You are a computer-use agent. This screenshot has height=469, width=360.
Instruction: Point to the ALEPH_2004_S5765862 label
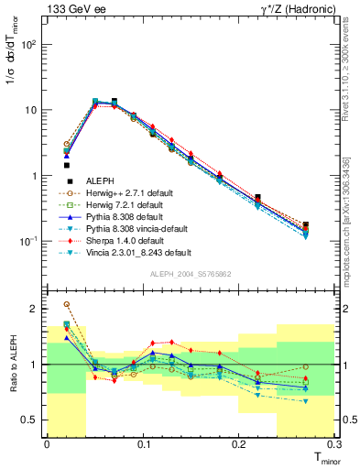point(190,274)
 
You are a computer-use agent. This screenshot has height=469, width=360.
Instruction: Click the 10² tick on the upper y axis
point(29,43)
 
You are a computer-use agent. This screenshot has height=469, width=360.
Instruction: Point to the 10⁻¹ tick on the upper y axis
point(29,241)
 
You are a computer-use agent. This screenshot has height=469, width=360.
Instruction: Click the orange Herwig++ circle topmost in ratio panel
point(67,304)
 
